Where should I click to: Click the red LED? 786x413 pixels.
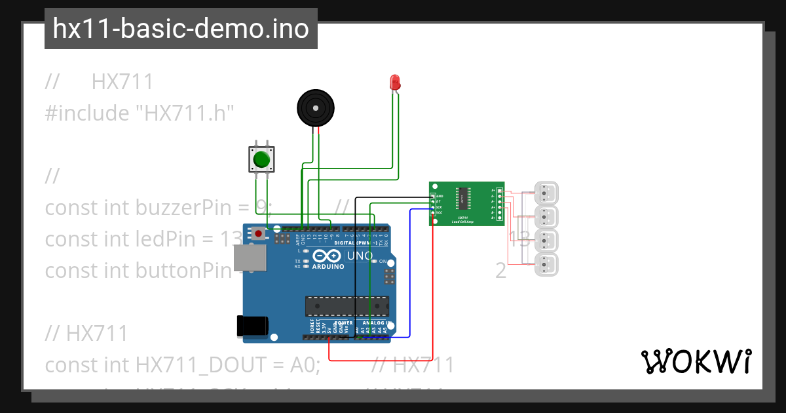tap(395, 82)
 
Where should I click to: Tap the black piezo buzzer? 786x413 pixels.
tap(315, 108)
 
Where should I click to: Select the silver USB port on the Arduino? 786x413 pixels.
tap(250, 258)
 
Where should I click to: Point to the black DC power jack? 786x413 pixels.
tap(252, 326)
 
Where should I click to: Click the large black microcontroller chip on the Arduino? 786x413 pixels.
tap(346, 306)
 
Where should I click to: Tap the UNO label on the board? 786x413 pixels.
tap(359, 256)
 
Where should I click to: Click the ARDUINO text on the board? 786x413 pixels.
tap(328, 267)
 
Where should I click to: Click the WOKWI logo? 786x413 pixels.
tap(696, 361)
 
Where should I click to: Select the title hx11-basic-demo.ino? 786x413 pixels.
tap(181, 29)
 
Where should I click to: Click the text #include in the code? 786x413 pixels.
tap(87, 113)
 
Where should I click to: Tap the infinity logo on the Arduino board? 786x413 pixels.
tap(327, 255)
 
